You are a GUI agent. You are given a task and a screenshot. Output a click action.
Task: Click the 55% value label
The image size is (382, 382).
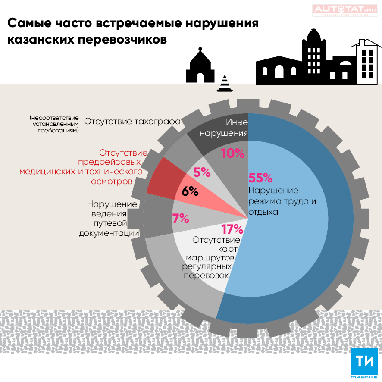coord(261,177)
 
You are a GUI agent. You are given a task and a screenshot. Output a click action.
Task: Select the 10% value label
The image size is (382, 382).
coord(233,153)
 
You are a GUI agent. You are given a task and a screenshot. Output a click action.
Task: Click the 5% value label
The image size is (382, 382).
coord(202,172)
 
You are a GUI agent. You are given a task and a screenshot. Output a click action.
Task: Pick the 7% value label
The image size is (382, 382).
coord(181,219)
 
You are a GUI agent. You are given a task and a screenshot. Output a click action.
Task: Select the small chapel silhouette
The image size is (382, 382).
coord(200,67)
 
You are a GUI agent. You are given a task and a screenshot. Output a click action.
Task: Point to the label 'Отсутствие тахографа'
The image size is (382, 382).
coord(132,121)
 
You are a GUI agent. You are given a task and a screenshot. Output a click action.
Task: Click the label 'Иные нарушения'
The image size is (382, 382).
coord(224,128)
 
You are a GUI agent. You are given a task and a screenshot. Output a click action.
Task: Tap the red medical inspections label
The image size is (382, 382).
coord(81,167)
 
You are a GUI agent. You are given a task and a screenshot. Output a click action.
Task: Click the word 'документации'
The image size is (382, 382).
coord(109,233)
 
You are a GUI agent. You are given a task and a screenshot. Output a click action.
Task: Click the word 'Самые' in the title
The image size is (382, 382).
coord(28,23)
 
